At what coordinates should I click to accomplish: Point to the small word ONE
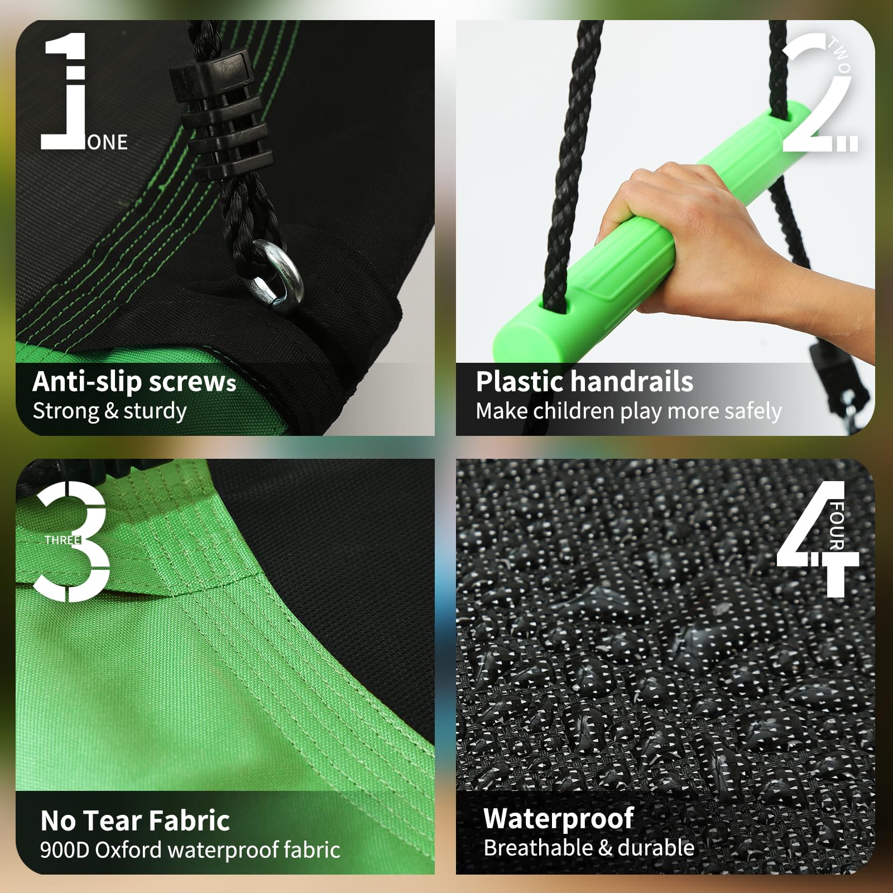(x=108, y=142)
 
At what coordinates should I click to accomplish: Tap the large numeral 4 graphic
(x=818, y=539)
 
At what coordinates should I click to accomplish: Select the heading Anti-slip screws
(x=135, y=382)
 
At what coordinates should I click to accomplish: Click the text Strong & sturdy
(x=109, y=411)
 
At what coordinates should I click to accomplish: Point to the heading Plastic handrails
(x=584, y=382)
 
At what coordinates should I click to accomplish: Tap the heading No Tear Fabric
(x=135, y=821)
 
